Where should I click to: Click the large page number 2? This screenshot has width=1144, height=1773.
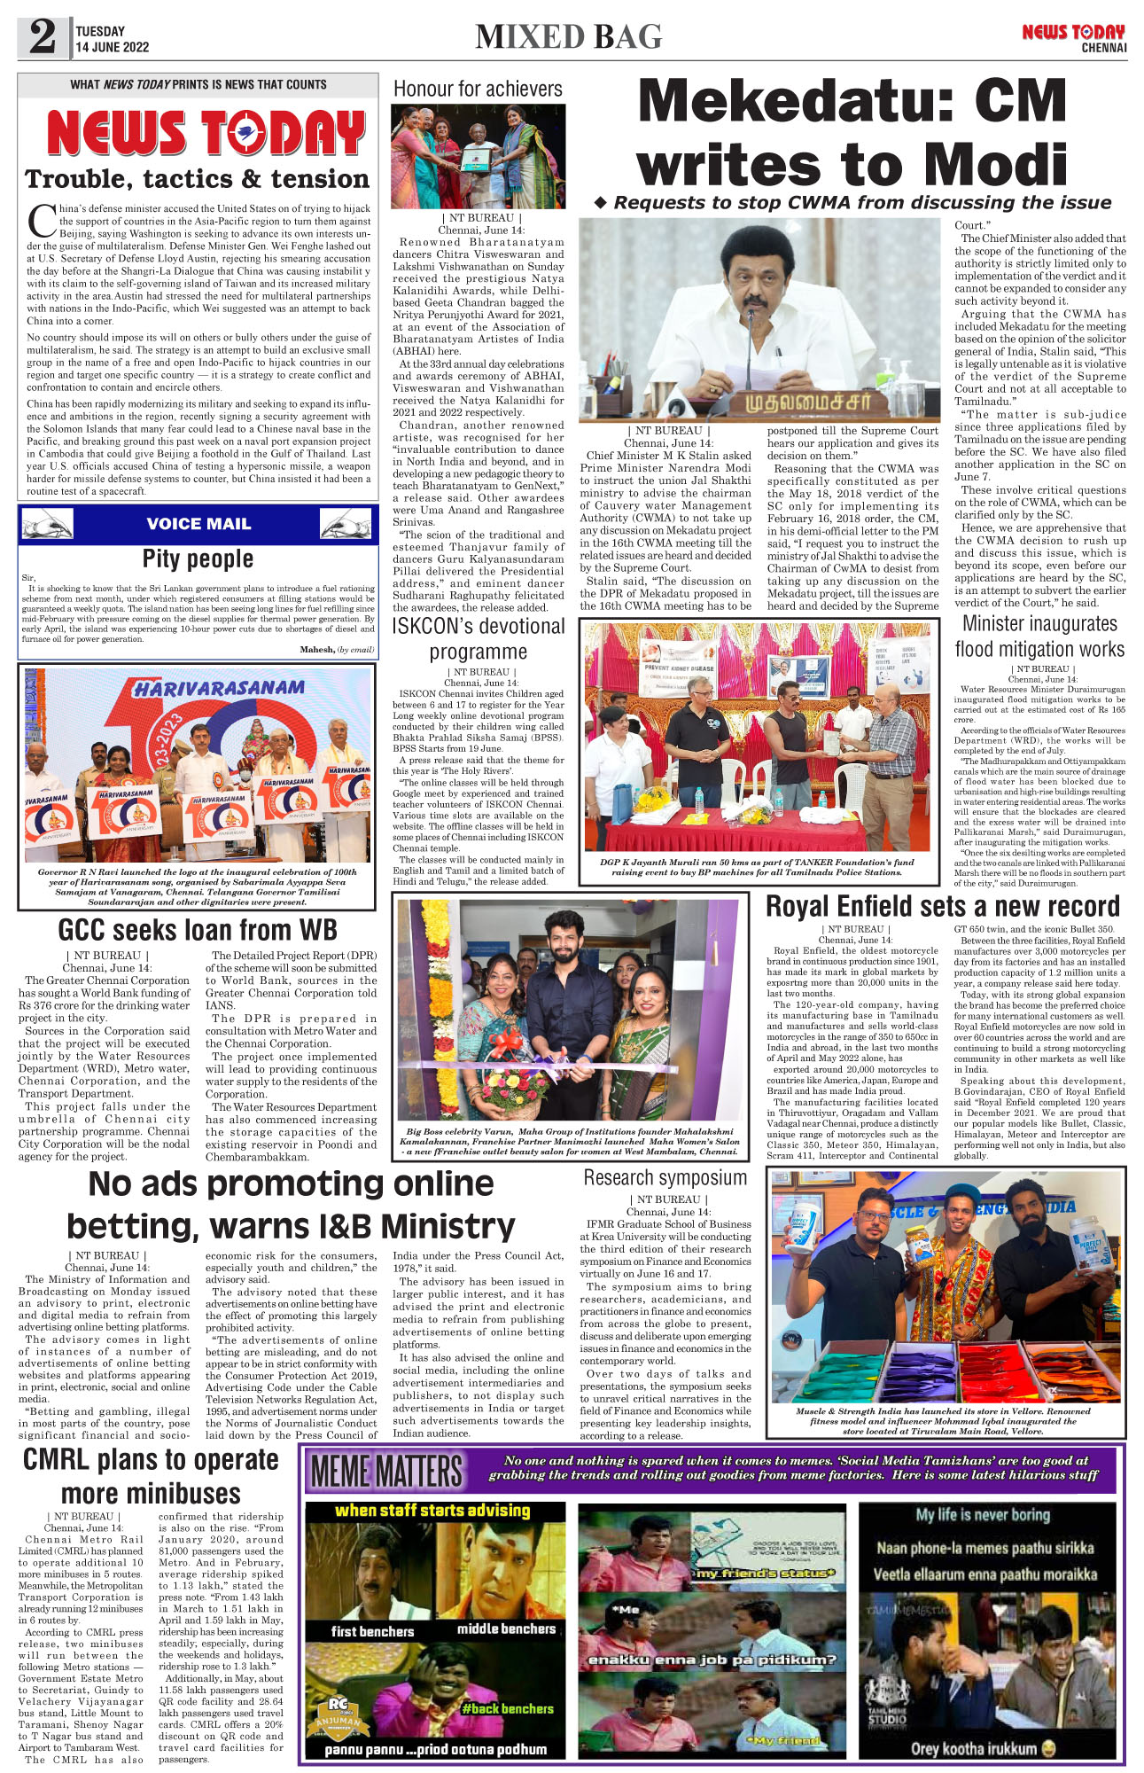coord(43,38)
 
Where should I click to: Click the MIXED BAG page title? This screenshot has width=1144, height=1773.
coord(568,37)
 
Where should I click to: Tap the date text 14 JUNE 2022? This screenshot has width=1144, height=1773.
coord(113,48)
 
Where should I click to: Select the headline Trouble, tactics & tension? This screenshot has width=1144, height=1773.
coord(197,179)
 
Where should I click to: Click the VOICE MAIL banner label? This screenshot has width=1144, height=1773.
coord(198,524)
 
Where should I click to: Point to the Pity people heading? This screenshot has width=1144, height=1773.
coord(198,558)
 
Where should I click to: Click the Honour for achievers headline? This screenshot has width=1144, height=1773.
coord(478,89)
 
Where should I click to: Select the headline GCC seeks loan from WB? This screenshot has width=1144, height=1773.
coord(198,929)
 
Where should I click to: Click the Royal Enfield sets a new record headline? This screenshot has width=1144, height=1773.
coord(943,906)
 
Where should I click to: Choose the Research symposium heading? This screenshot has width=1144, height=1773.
coord(665,1177)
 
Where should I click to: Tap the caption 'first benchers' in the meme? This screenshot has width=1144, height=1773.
coord(372,1631)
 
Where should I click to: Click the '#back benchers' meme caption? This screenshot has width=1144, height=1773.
coord(507,1708)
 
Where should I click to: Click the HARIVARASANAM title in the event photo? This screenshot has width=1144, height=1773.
coord(218,688)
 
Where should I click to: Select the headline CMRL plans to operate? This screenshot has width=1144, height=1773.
coord(151,1459)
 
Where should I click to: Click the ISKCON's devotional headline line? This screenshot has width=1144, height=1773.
coord(479,626)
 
